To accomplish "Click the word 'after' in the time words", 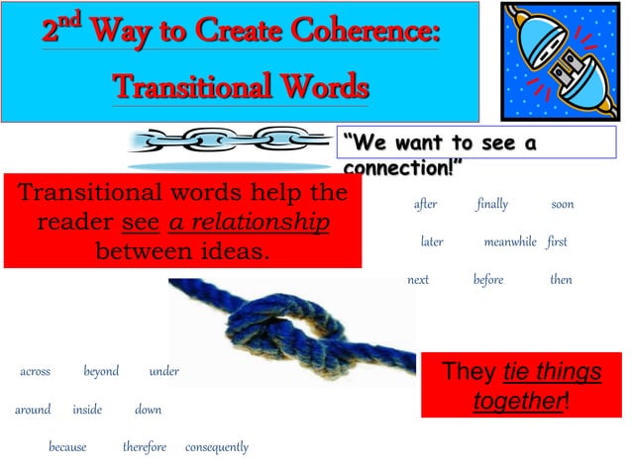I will [x=425, y=204].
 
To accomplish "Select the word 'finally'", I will [x=491, y=204].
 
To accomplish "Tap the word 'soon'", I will [x=563, y=204].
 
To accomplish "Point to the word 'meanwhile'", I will [x=510, y=241].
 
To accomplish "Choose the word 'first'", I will [x=556, y=241].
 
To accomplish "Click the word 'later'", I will [x=432, y=241].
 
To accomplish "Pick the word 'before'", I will [x=488, y=280].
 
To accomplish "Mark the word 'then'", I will [x=561, y=280].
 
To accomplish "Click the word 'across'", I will [x=36, y=372].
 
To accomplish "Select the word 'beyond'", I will [x=101, y=372].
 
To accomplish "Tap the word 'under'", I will [x=163, y=372].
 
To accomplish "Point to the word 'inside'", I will [x=87, y=410].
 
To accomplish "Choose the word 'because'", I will [x=67, y=447].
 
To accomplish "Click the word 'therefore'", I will [x=145, y=447].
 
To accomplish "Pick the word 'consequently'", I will [x=217, y=447].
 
